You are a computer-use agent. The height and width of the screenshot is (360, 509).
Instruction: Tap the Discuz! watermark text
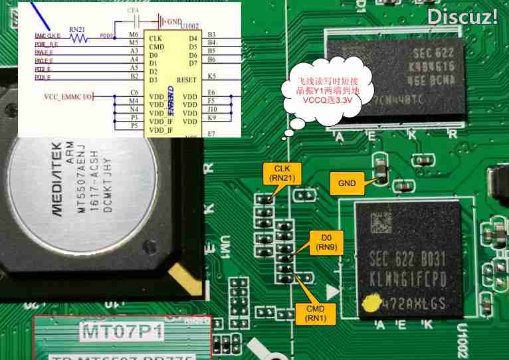(462, 17)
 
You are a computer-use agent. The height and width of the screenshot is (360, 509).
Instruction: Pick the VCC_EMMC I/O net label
(68, 96)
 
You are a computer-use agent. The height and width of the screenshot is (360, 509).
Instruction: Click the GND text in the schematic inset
(173, 22)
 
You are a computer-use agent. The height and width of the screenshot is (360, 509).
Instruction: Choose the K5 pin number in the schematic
(211, 77)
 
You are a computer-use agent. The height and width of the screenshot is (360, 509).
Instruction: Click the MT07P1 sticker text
(123, 330)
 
